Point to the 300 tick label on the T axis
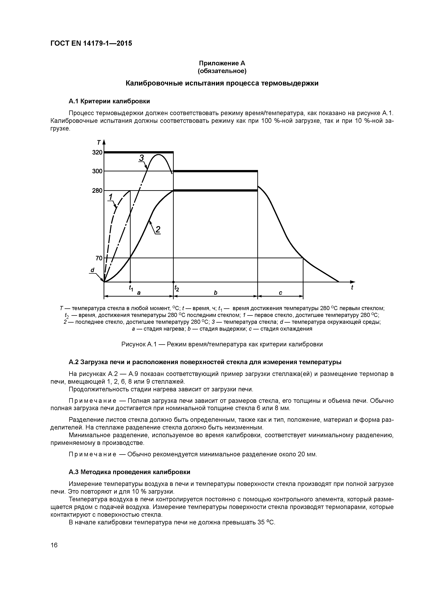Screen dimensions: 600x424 [97, 171]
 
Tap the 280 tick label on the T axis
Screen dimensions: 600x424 [97, 191]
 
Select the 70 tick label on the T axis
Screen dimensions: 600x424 [99, 258]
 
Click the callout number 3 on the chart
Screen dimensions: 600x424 [141, 158]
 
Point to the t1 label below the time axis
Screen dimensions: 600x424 [131, 289]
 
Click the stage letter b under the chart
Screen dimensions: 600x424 [216, 293]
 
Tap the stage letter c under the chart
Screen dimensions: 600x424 [280, 293]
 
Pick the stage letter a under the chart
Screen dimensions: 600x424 [139, 293]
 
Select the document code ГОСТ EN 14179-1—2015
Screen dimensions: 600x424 [91, 43]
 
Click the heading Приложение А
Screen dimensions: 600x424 [222, 63]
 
